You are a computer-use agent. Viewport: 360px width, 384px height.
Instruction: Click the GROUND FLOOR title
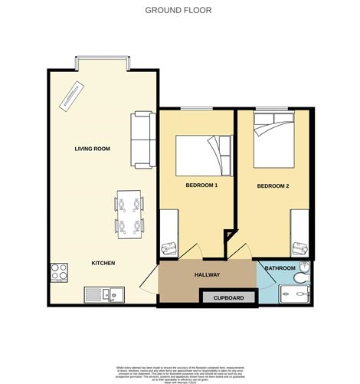[x=178, y=11]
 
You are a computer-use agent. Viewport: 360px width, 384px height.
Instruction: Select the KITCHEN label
[x=103, y=263]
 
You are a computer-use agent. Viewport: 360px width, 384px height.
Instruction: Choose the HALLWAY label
[x=207, y=274]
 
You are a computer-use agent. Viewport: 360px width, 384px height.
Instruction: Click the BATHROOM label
[x=279, y=267]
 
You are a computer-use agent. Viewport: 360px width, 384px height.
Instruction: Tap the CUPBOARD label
[x=228, y=297]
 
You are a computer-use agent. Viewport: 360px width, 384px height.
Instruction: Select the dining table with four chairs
[x=129, y=215]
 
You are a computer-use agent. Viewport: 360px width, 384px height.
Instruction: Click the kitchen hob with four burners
[x=60, y=272]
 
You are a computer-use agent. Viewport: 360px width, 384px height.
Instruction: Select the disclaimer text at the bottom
[x=179, y=372]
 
